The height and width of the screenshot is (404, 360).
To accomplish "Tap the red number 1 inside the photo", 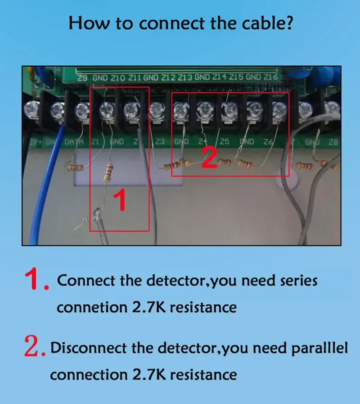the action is [120, 201].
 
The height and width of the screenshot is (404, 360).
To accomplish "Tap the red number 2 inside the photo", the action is [209, 158].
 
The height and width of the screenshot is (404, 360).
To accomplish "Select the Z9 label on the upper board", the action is [82, 78].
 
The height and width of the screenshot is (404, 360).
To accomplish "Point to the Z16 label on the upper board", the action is [271, 77].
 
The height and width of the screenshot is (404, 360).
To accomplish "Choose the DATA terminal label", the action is [74, 142].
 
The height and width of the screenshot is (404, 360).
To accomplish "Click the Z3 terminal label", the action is [160, 141].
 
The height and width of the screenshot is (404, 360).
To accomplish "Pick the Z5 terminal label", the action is [224, 141].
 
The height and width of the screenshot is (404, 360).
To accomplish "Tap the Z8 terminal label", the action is [333, 142].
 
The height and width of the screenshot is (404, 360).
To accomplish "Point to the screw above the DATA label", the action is [82, 108].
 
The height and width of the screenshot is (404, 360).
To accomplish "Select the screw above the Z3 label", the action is [156, 109].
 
